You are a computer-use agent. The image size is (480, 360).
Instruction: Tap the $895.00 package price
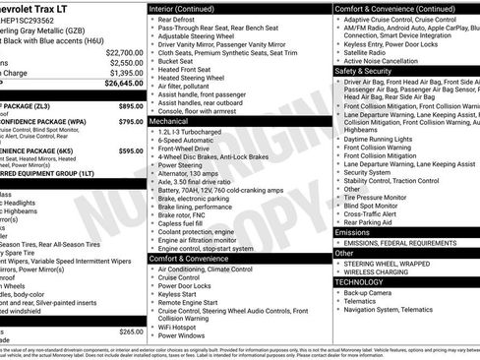pos(130,105)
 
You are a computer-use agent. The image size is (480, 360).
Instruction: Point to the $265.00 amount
pos(130,331)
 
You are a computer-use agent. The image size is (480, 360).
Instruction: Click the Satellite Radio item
pos(368,52)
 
